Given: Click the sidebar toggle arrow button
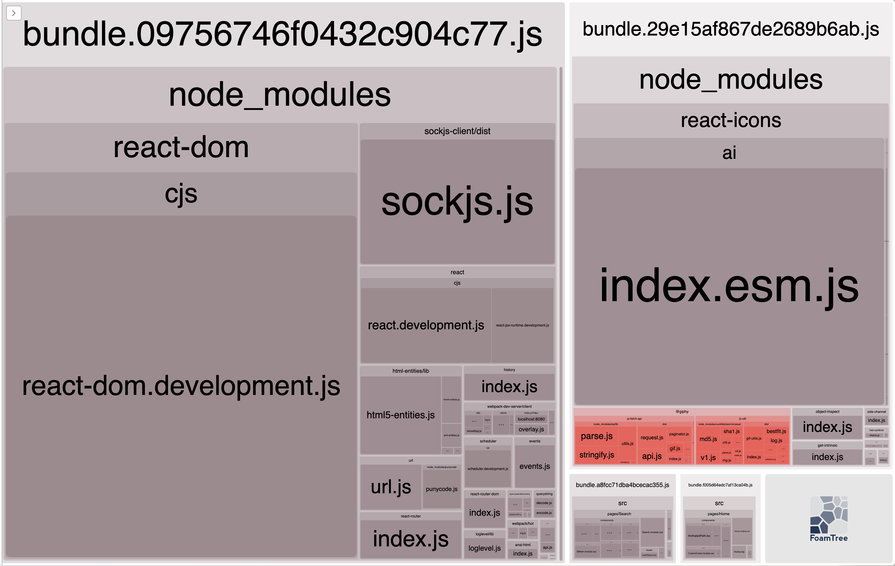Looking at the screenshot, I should coord(14,13).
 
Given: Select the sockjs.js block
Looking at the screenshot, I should coord(457,202).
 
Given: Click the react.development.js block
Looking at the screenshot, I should coord(426,325).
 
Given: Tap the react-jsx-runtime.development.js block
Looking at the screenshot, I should coord(522,325).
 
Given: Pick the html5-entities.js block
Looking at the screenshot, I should coord(400,415).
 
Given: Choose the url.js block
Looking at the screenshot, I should coord(391,486).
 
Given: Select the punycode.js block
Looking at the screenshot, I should coord(442,489).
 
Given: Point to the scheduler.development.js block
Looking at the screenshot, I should coord(488,469).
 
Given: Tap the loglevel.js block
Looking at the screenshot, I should coord(484,548).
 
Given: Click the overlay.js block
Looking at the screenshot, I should coord(531,429).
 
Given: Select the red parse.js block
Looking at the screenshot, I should coord(596,436).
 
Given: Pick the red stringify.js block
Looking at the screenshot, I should coord(596,455).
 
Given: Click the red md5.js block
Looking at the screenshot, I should coord(708,439).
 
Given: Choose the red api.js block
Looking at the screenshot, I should coord(652,456).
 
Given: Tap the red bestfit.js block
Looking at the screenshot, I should coord(776,431).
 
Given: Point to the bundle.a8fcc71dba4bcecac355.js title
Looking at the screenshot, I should coord(622,485).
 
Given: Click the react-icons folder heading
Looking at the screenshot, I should coord(731,121).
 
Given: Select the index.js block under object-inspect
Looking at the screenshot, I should coord(827,427).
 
